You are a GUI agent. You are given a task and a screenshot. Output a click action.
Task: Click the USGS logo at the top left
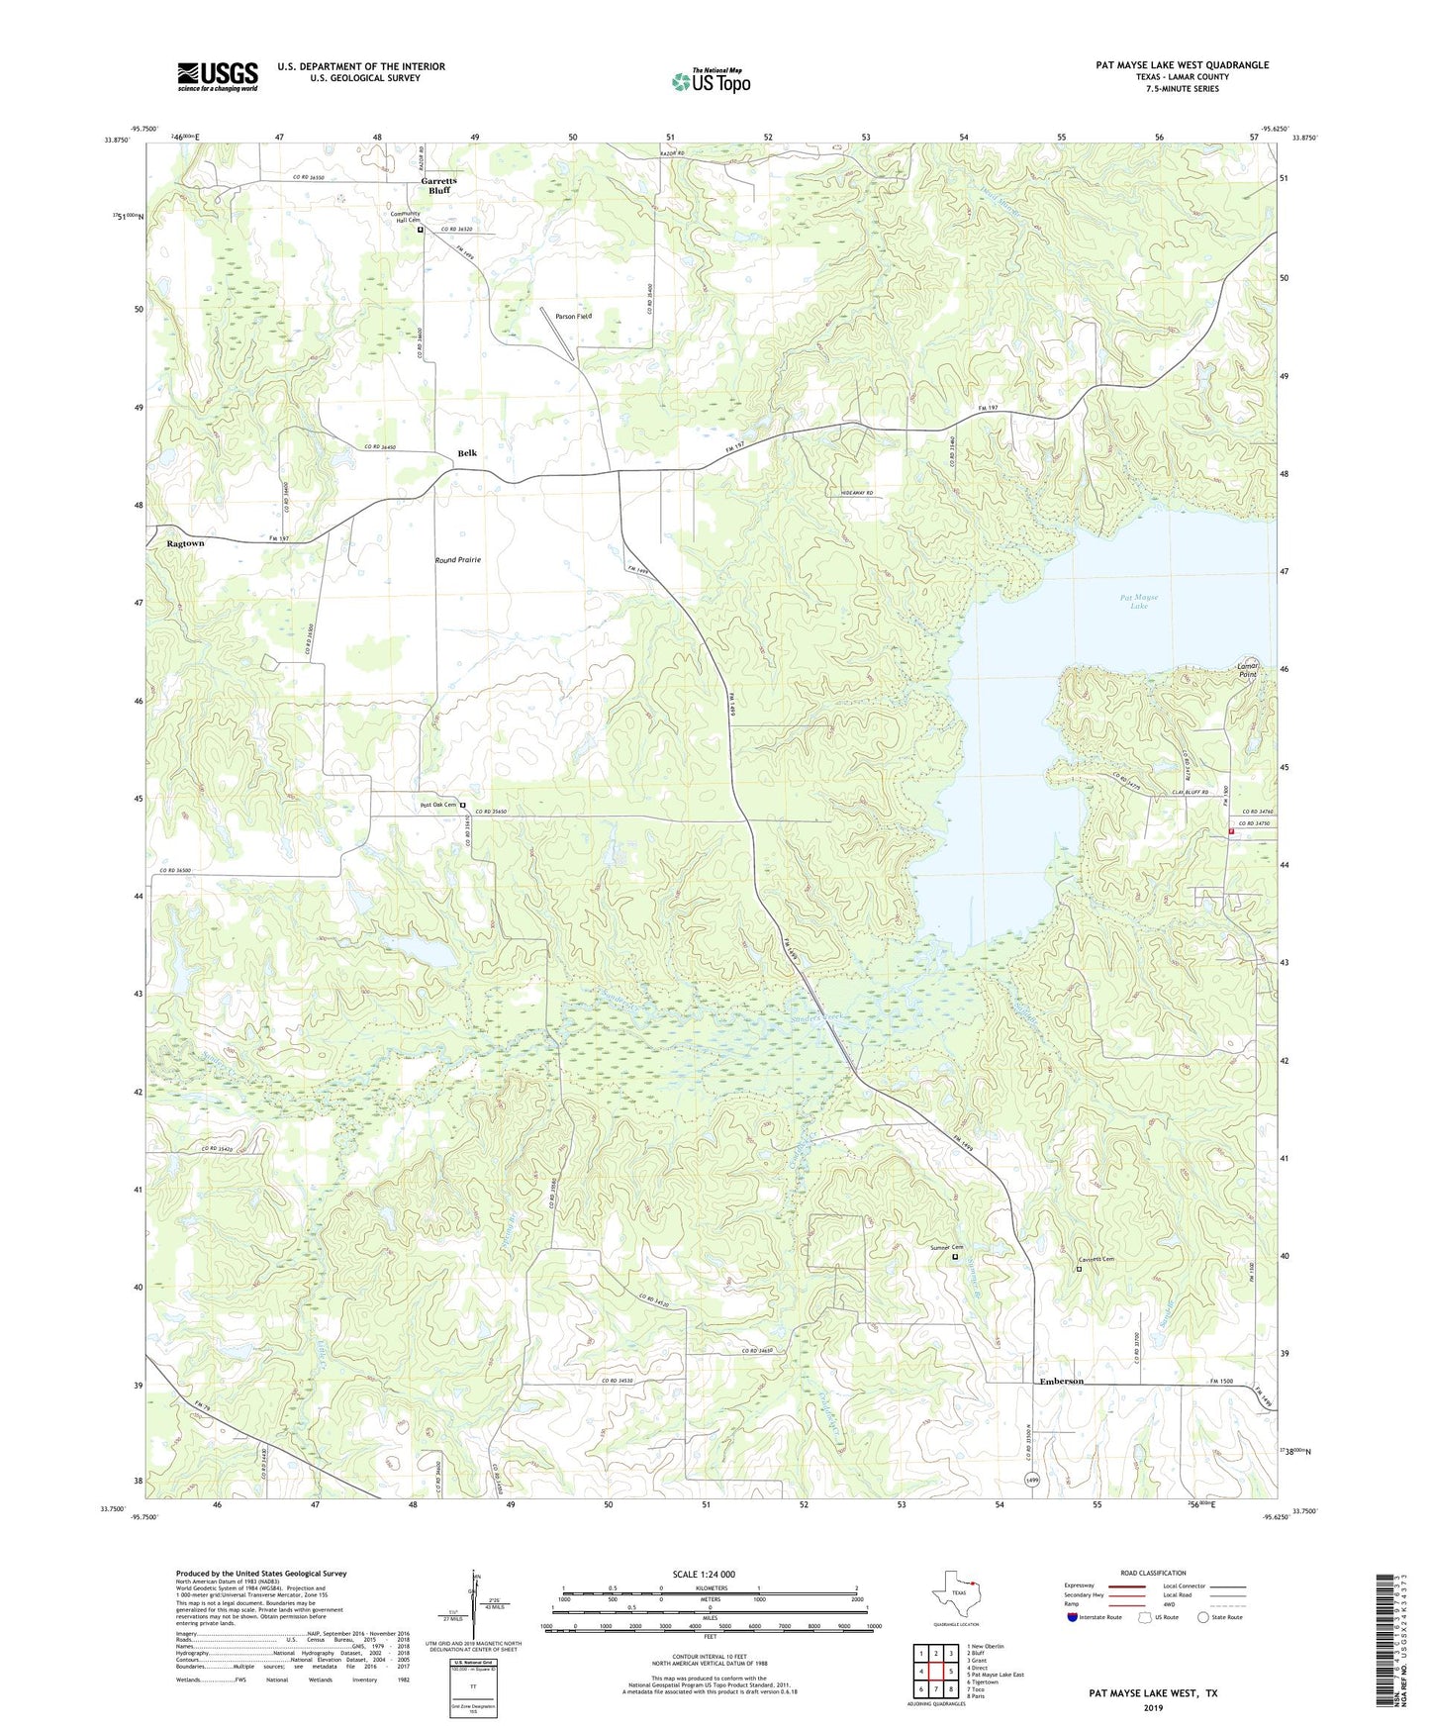coord(218,76)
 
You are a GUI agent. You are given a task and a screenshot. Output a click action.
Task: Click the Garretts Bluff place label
coord(438,185)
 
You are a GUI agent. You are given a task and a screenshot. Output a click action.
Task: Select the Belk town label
coord(467,453)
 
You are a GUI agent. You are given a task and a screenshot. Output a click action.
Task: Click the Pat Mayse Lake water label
coord(1139,601)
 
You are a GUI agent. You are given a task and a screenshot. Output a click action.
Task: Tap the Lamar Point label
coord(1248,670)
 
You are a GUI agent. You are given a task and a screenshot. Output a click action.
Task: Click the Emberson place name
coord(1061,1381)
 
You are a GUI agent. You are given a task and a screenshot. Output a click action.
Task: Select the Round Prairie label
coord(458,560)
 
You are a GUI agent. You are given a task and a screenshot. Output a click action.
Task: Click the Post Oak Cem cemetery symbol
coord(462,806)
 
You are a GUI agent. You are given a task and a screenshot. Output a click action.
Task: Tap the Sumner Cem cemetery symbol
coord(955,1257)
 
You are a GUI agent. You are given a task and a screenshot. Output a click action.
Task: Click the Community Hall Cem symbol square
coord(420,230)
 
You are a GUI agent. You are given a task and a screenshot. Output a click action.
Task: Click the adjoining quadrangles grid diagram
coord(935,1673)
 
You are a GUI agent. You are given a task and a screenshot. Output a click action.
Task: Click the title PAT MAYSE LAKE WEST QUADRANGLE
coord(1182,65)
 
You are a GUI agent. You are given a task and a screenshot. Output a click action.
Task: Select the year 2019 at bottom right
coord(1153,1707)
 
